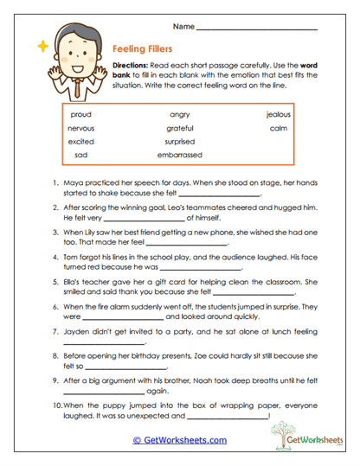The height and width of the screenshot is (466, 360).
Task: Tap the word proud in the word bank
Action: tap(81, 114)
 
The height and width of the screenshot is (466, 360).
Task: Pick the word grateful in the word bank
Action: tap(179, 128)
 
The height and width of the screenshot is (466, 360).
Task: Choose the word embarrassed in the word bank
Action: tap(179, 156)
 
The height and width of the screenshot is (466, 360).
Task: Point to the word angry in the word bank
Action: tap(179, 114)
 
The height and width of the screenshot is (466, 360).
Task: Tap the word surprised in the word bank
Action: tap(179, 142)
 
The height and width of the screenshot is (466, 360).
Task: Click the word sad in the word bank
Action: tap(81, 156)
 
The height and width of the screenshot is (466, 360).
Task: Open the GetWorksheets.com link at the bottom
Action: tap(179, 440)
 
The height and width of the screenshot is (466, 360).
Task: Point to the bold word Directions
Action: tap(134, 67)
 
